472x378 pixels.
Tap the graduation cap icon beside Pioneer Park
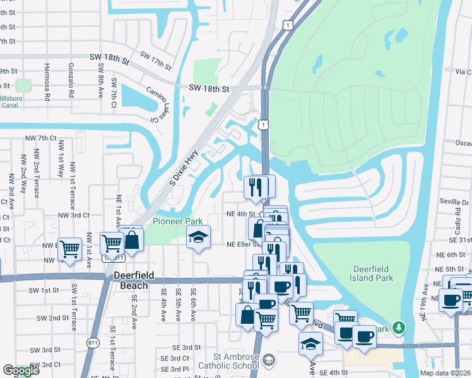point(198,238)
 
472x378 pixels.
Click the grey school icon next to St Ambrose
point(269,360)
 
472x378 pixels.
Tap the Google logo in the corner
point(21,371)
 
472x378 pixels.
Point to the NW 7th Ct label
point(41,138)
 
